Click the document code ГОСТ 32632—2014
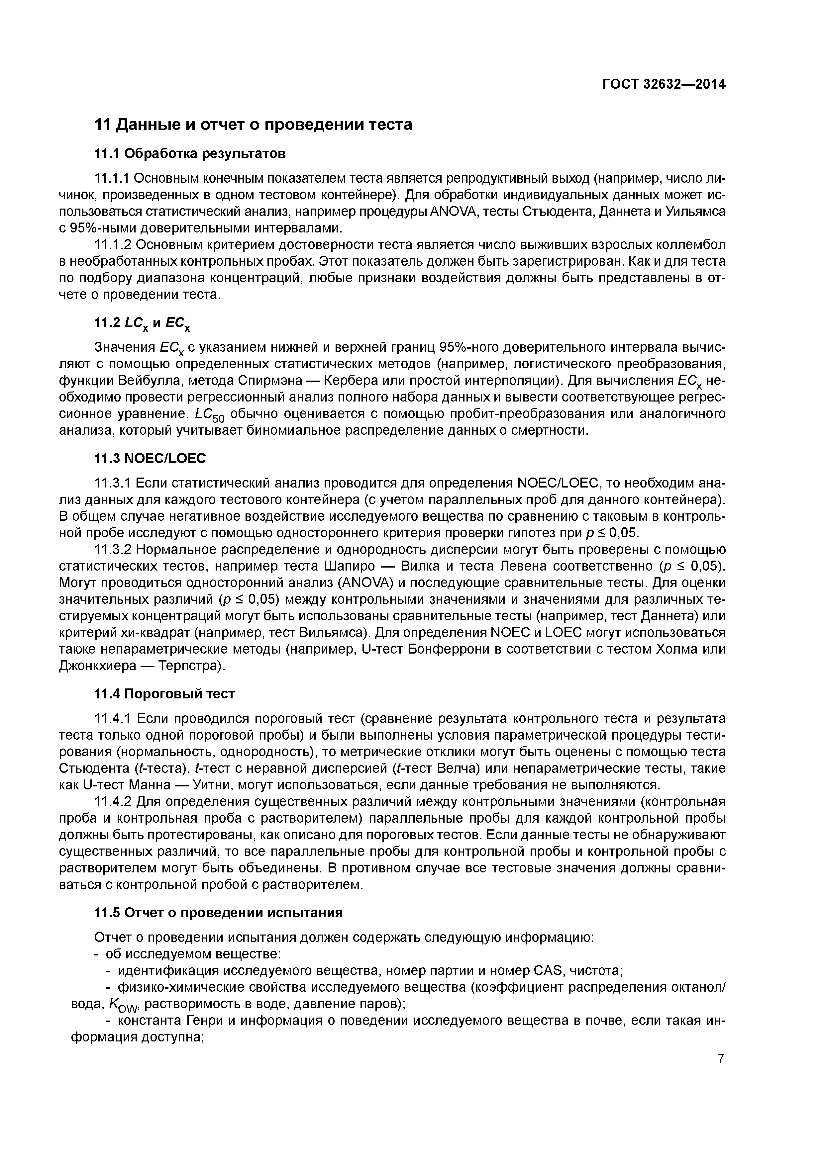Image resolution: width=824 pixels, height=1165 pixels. coord(664,84)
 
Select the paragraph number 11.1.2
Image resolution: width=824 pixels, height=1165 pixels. coord(113,245)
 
